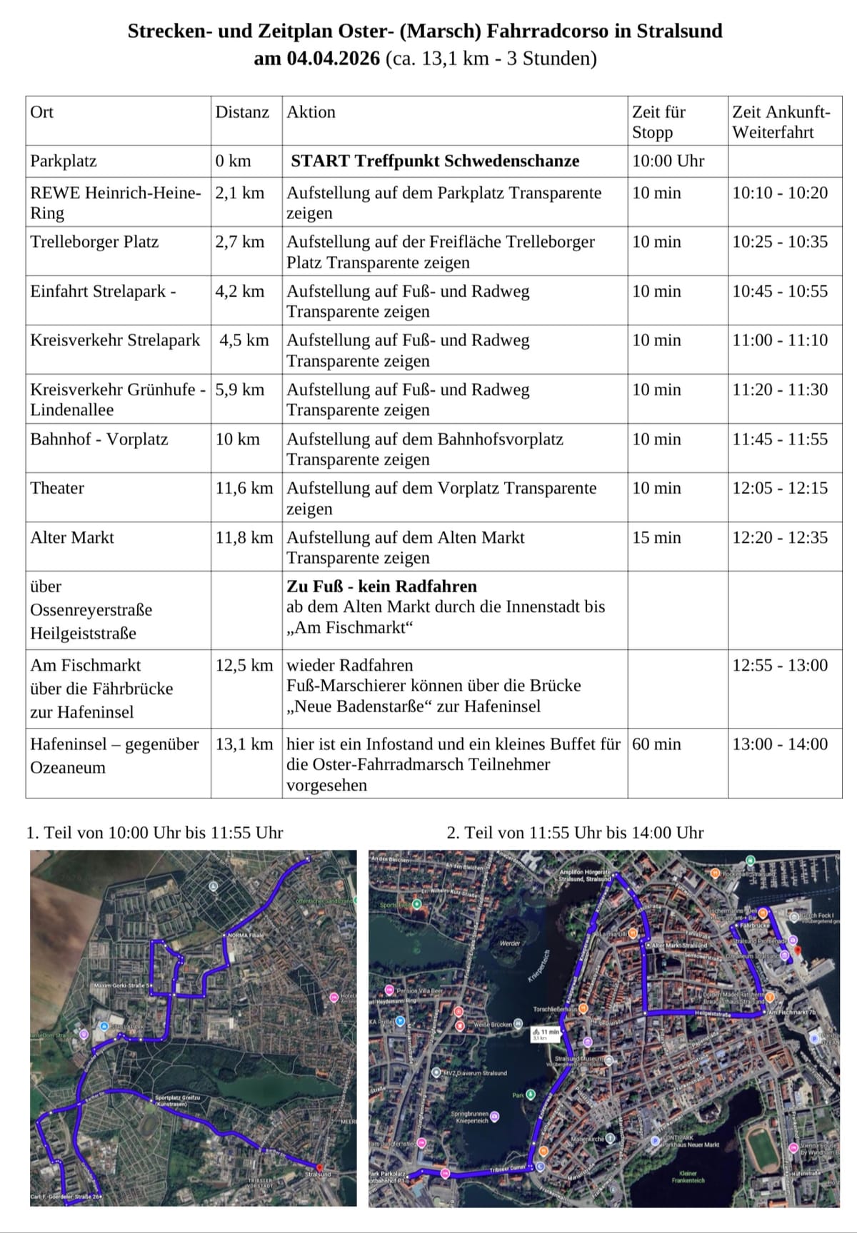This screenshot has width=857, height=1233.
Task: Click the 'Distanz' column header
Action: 242,112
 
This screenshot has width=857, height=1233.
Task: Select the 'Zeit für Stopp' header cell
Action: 658,122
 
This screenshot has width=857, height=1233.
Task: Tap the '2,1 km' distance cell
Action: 240,193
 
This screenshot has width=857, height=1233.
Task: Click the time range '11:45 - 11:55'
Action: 780,439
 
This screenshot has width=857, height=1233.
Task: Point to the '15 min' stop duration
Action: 656,537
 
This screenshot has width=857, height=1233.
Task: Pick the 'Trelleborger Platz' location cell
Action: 94,242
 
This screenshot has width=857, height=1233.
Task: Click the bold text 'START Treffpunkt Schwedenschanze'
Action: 435,161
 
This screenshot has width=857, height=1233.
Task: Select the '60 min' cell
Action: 656,744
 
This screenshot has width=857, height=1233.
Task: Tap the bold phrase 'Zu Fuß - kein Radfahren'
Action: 381,587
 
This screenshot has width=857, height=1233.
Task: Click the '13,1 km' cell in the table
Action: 244,744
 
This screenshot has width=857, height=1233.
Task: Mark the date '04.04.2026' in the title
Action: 334,59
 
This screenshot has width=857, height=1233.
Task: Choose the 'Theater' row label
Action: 57,488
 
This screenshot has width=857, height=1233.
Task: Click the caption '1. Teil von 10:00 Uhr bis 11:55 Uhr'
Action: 155,833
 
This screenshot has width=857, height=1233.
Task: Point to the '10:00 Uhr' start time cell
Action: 668,161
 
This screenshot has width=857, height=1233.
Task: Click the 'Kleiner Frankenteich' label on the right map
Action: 688,1177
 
